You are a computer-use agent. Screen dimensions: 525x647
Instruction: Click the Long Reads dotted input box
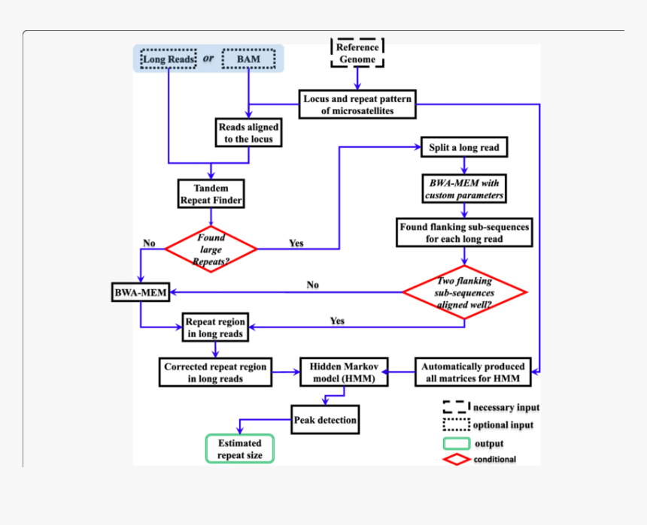[169, 59]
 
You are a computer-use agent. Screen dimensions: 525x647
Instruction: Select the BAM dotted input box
[248, 59]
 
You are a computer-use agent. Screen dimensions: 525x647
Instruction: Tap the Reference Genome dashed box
[357, 53]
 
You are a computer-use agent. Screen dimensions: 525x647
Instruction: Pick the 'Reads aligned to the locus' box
[248, 133]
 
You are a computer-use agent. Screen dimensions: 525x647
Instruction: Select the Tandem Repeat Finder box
[211, 194]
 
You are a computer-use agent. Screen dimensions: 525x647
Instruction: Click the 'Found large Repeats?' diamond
[211, 248]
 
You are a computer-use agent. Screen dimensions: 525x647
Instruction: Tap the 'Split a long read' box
[463, 147]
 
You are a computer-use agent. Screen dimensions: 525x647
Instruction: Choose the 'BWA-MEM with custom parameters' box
[463, 189]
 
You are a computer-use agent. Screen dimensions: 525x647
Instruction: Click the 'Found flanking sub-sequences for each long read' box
[465, 233]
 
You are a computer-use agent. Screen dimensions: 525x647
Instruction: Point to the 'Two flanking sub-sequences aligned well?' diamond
[464, 292]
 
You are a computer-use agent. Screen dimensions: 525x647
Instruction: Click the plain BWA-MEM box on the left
[140, 291]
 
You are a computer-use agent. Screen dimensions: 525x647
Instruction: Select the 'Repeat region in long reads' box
[215, 327]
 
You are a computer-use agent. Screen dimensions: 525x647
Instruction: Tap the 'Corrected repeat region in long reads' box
[215, 373]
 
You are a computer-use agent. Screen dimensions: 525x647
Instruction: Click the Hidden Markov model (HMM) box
[344, 373]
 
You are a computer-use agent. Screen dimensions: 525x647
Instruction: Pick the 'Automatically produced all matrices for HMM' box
[472, 373]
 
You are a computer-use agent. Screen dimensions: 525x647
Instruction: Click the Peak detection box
[325, 420]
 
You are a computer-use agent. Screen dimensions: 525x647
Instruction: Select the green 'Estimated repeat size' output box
[240, 449]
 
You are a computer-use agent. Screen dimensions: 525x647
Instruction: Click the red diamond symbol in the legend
[457, 459]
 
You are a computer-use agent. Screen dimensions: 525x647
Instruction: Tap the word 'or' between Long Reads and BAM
[209, 59]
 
